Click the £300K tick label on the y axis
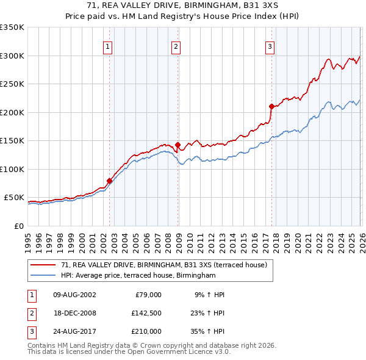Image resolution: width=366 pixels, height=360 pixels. point(12,56)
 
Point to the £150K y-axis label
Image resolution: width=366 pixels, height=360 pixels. point(12,140)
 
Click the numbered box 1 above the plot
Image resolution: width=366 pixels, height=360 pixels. point(108,47)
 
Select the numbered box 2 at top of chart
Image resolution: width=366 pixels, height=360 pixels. point(176,47)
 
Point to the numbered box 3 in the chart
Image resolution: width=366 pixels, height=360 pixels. point(270,47)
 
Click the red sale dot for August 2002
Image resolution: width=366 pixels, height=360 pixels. point(109,181)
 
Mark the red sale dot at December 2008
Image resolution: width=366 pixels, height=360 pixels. point(178,145)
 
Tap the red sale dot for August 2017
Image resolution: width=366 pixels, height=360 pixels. point(271,106)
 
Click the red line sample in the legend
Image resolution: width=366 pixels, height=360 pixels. point(44,265)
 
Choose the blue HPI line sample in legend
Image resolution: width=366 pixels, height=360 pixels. point(44,276)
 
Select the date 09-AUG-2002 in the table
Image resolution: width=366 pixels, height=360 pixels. point(75,295)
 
